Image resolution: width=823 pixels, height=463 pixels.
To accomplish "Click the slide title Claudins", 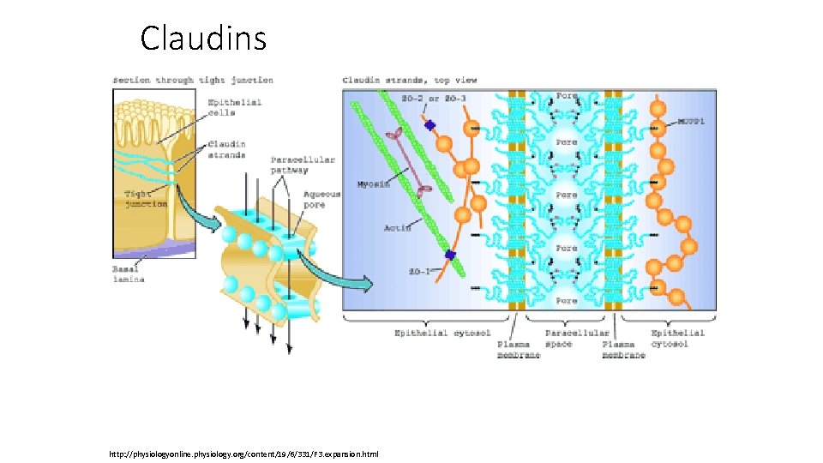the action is [203, 39].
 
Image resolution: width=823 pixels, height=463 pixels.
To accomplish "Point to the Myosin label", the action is [373, 184].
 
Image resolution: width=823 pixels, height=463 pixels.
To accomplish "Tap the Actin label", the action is [398, 228].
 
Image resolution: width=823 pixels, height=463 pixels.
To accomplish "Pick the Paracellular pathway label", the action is [303, 165].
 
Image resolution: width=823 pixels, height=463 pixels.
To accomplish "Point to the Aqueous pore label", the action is [322, 200].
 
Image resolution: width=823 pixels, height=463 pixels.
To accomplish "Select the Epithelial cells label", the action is [234, 108].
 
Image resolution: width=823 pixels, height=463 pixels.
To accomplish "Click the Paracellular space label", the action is [577, 339].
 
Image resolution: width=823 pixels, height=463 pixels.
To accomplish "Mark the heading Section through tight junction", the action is [193, 81].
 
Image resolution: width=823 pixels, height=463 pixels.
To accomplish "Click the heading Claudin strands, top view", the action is [410, 81].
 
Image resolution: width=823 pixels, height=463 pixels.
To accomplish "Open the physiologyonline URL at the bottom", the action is [243, 454].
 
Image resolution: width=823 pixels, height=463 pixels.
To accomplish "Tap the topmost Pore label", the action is [567, 96].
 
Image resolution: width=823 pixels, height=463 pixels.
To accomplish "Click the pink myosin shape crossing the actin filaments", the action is [410, 163].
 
